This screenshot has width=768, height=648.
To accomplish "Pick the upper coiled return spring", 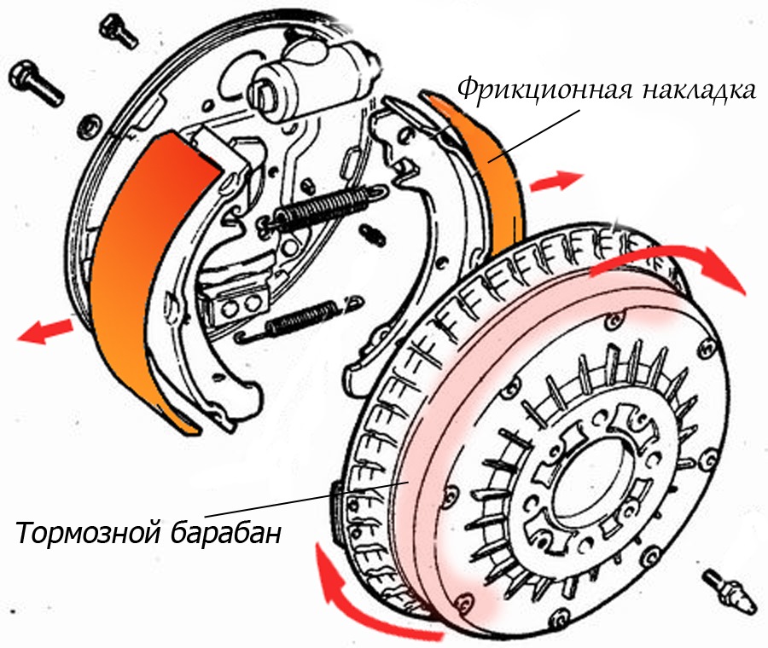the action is pyautogui.click(x=324, y=209).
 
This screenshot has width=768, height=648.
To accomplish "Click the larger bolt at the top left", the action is pyautogui.click(x=36, y=84).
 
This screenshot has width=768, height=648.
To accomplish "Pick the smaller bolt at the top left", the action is pyautogui.click(x=118, y=31).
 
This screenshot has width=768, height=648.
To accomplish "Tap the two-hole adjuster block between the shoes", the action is pyautogui.click(x=239, y=306).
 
